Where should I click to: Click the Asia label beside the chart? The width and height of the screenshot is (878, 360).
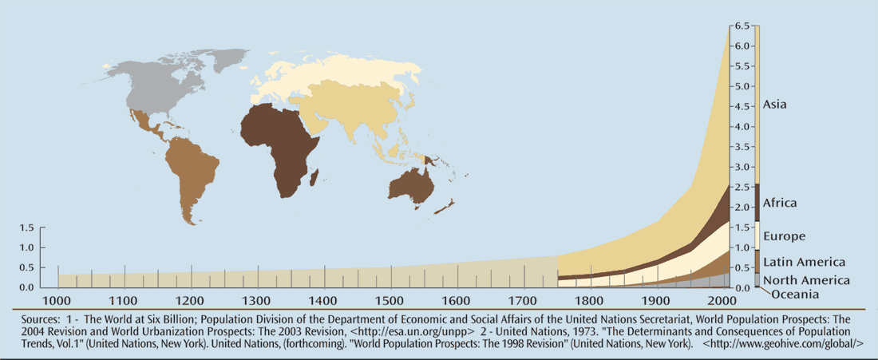tap(775, 104)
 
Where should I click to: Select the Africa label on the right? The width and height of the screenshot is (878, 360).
tap(780, 203)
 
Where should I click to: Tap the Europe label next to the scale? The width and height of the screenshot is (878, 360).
tap(784, 236)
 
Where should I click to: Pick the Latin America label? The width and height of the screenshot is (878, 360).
tap(804, 262)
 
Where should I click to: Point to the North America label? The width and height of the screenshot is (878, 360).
tap(806, 279)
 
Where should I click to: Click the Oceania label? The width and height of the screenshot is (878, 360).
tap(795, 295)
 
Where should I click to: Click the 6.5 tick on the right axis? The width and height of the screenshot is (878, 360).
tap(742, 26)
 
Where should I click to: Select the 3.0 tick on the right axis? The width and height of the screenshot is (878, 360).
tap(742, 167)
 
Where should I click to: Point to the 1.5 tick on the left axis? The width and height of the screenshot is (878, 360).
tap(26, 227)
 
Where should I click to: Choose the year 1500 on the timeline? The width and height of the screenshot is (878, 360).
tap(390, 301)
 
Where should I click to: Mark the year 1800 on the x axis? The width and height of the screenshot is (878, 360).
tap(590, 301)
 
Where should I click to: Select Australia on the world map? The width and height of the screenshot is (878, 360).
tap(411, 185)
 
